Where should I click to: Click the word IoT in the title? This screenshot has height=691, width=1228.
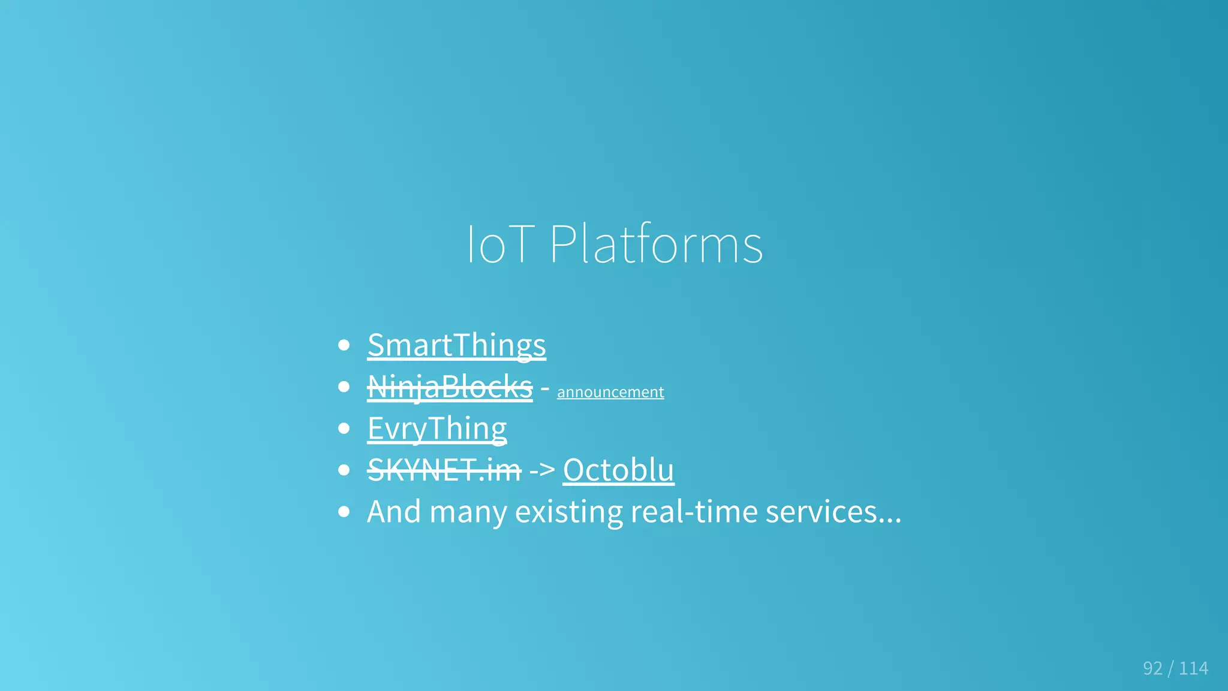(x=499, y=244)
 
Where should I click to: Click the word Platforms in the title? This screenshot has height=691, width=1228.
(x=656, y=244)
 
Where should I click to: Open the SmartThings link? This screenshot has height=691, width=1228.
(x=456, y=345)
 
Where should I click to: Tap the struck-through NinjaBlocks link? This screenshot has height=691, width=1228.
(x=450, y=387)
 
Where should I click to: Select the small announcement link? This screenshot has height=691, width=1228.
(x=610, y=392)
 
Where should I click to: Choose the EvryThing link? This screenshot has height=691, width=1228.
(x=437, y=429)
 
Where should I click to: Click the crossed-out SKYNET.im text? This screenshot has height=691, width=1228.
(x=444, y=470)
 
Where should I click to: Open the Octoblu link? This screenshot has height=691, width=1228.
(x=618, y=470)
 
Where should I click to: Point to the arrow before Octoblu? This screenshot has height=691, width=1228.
(x=542, y=470)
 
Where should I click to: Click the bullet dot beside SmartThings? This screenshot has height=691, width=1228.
(x=344, y=345)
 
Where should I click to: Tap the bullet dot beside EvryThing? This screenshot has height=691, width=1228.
(x=344, y=429)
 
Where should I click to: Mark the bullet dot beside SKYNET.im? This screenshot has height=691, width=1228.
(x=344, y=470)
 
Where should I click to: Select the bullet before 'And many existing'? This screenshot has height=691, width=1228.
(x=344, y=512)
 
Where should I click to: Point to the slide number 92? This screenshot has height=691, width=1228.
(x=1152, y=668)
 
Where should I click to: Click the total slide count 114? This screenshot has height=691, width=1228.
(x=1193, y=668)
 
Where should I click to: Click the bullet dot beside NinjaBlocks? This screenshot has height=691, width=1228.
(x=344, y=387)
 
